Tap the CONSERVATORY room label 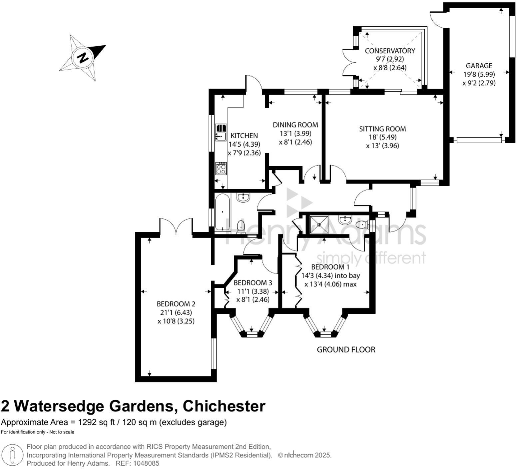click(x=390, y=51)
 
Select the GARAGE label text click(x=479, y=66)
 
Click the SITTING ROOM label click(x=382, y=129)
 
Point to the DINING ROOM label click(x=295, y=125)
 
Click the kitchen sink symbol click(x=221, y=132)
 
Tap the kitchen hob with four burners click(x=221, y=168)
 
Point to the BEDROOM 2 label click(x=176, y=304)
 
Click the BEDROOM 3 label click(x=253, y=283)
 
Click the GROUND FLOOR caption click(x=346, y=350)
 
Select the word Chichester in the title click(x=224, y=406)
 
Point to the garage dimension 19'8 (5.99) click(x=479, y=74)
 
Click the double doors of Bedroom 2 click(x=176, y=227)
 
